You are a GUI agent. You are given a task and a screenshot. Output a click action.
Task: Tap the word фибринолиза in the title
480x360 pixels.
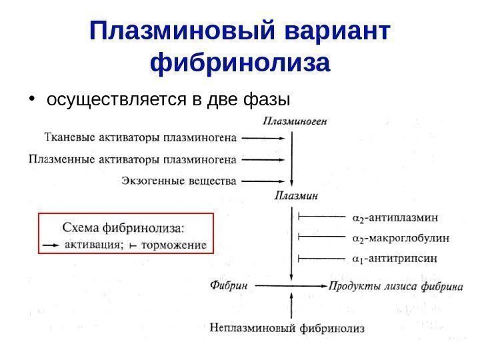tap(241, 64)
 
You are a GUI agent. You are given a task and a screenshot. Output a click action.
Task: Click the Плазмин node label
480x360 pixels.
tap(295, 195)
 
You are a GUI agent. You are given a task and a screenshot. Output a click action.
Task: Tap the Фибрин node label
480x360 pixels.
tap(229, 285)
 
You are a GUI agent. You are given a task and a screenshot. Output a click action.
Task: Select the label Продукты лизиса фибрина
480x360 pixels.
tap(395, 286)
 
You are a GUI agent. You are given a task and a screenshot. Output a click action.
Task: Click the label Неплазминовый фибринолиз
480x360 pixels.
tap(287, 327)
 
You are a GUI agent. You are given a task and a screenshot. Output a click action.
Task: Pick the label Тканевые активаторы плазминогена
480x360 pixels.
tap(140, 139)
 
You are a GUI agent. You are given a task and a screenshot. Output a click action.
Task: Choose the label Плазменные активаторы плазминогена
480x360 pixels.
tap(133, 159)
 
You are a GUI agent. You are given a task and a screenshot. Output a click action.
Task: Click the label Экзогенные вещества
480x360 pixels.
tap(179, 180)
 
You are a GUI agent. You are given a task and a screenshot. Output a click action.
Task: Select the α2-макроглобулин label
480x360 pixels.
tap(400, 237)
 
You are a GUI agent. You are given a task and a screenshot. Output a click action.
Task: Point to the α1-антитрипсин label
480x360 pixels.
tap(395, 257)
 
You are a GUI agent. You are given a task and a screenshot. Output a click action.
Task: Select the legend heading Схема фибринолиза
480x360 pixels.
tap(123, 227)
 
